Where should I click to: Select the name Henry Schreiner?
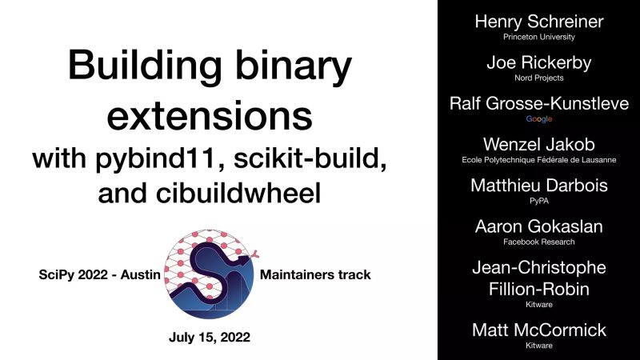tap(539, 22)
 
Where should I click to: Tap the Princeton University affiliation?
tap(539, 38)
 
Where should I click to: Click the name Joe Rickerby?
tap(539, 62)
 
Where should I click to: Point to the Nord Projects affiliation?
tap(539, 78)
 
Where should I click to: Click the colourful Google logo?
tap(539, 118)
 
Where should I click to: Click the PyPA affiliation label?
tap(539, 200)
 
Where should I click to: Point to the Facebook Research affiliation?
tap(539, 241)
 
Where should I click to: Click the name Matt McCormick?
tap(539, 329)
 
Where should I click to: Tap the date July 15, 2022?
tap(210, 337)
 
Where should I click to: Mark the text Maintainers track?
tap(316, 275)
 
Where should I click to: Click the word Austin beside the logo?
tap(138, 275)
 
